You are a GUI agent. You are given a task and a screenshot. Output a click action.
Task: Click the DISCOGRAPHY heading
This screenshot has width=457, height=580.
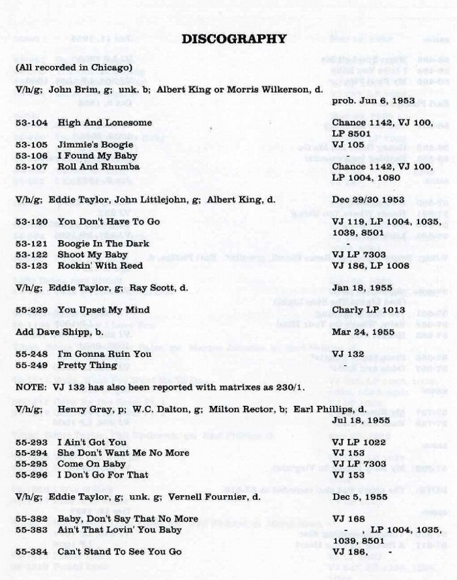click(x=233, y=39)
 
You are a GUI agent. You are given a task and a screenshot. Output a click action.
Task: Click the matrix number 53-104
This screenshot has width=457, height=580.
click(x=31, y=123)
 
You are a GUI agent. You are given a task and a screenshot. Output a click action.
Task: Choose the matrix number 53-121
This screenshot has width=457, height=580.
click(x=31, y=244)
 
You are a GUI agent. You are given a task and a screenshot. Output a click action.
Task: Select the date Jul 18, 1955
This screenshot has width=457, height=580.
click(x=360, y=421)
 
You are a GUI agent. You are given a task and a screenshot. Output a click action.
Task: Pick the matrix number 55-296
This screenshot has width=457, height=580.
click(x=31, y=476)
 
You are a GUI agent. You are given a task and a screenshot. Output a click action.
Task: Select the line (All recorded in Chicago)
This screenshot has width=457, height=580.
click(x=74, y=67)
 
